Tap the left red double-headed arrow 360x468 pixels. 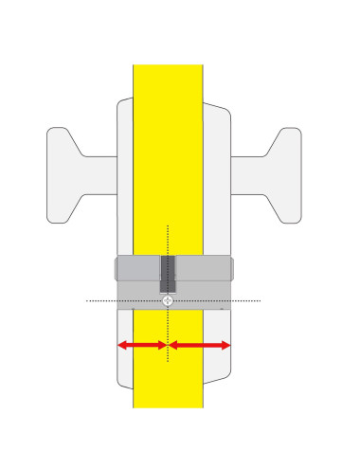click(142, 346)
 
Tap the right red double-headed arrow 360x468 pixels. click(200, 346)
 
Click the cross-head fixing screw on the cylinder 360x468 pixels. click(168, 300)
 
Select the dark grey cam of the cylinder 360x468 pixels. click(168, 274)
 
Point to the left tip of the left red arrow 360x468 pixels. click(117, 346)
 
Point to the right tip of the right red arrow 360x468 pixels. click(231, 346)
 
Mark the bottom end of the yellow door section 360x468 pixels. click(168, 406)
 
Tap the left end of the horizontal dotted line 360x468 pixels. click(87, 300)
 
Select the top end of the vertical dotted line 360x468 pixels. click(168, 225)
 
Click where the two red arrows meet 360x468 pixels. click(168, 346)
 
